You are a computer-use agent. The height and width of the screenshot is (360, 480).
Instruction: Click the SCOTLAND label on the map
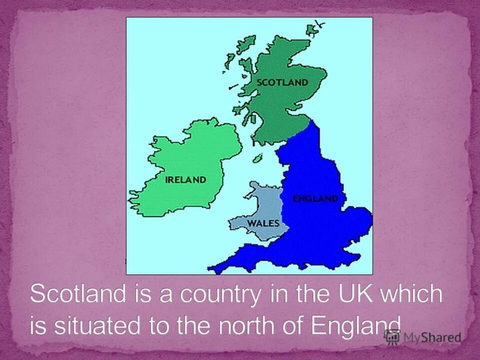282,82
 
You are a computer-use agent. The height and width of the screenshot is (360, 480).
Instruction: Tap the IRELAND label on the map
185,179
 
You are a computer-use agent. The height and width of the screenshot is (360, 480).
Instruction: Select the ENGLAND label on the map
315,198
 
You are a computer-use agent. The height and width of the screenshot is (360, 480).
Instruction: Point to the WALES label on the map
263,223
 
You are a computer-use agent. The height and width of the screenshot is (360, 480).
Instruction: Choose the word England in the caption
356,325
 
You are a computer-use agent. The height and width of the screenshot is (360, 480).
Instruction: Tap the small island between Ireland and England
257,158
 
